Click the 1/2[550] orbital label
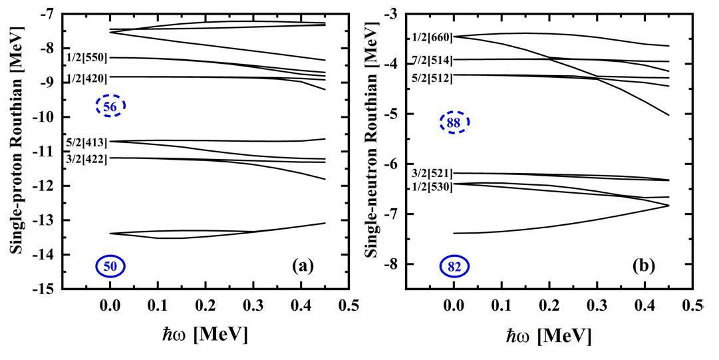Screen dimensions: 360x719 86,58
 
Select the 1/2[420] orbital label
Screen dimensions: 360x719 86,78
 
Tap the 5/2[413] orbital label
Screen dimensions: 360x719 86,142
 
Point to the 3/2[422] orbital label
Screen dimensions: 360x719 86,159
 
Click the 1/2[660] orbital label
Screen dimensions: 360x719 432,37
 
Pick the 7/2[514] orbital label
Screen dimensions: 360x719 432,61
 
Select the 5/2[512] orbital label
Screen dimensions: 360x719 432,78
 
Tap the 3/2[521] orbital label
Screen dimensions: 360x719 432,174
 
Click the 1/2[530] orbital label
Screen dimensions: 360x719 432,187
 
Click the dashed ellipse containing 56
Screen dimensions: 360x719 110,106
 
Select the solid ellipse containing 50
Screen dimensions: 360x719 110,266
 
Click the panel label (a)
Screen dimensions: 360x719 303,266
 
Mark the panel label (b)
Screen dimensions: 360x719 645,266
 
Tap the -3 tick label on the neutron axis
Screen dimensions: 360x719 391,14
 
